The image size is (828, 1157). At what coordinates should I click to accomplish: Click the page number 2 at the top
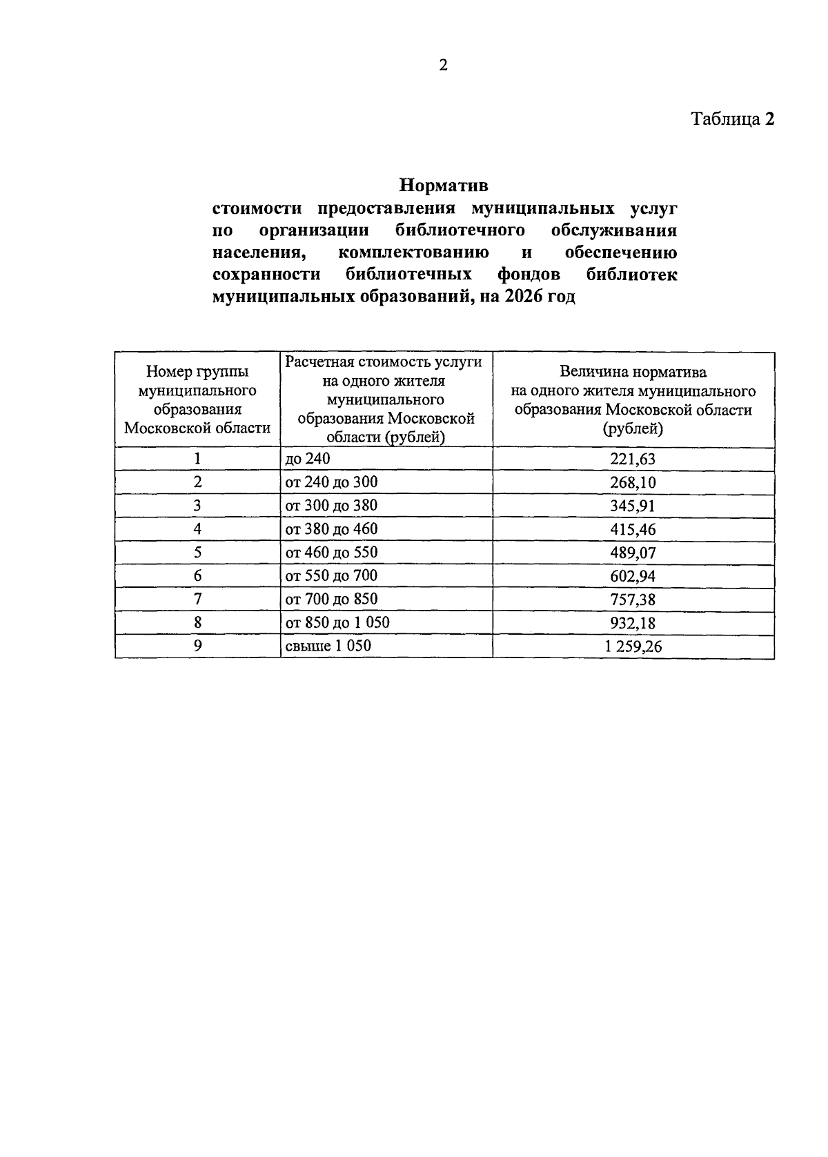[443, 66]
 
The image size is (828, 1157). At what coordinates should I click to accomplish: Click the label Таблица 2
[733, 119]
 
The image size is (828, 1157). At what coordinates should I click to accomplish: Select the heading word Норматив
[444, 186]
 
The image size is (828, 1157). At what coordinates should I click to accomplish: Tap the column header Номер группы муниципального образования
[197, 400]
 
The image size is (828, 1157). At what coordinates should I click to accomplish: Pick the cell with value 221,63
[633, 459]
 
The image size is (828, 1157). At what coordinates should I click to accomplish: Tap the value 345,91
[633, 506]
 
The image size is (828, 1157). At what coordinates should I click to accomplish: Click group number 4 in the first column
[197, 529]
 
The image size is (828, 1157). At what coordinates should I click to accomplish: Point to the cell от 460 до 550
[331, 553]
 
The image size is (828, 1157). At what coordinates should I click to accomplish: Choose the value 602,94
[633, 576]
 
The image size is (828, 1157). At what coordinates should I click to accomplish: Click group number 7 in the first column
[197, 599]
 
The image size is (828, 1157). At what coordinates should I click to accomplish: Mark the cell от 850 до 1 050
[337, 622]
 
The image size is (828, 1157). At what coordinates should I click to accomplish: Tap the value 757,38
[633, 600]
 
